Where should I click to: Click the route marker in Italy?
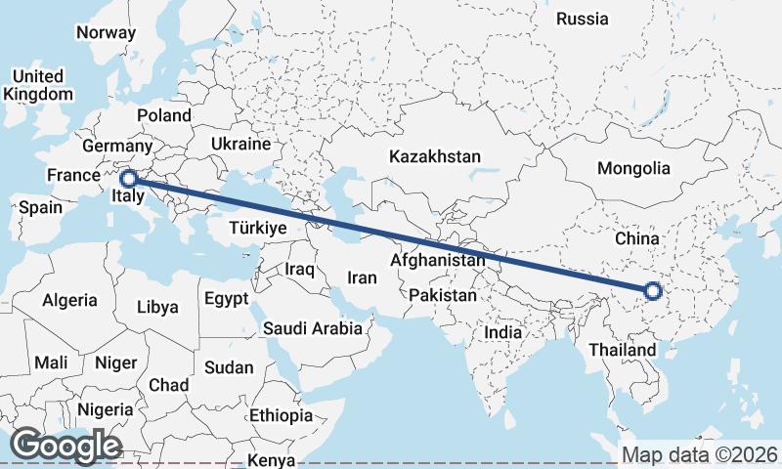coord(128,179)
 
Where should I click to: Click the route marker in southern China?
coord(653,290)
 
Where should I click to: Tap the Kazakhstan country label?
coord(435,156)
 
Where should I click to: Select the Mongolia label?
coord(633,168)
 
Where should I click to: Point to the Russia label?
coord(582,19)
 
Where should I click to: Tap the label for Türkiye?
coord(257,228)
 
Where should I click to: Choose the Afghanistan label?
coord(438,261)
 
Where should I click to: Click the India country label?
coord(503,332)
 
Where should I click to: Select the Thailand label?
coord(623,350)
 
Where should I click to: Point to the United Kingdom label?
coord(38,85)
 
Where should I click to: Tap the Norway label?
coord(106,31)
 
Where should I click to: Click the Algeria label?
coord(69,301)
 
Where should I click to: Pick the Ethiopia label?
coord(281,415)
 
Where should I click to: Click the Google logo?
coord(65,446)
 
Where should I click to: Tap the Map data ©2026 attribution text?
coord(699,455)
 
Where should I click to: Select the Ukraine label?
coord(239,144)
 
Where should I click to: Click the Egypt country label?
coord(226,298)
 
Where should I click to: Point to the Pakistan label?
coord(444,295)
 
